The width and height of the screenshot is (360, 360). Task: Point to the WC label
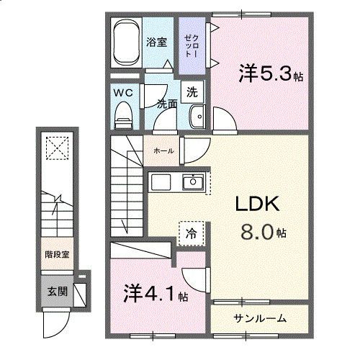click(x=122, y=93)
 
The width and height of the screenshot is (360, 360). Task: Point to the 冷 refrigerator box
click(x=191, y=233)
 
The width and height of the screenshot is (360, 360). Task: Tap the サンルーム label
click(x=260, y=318)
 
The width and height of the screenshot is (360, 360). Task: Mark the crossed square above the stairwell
click(x=55, y=149)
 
